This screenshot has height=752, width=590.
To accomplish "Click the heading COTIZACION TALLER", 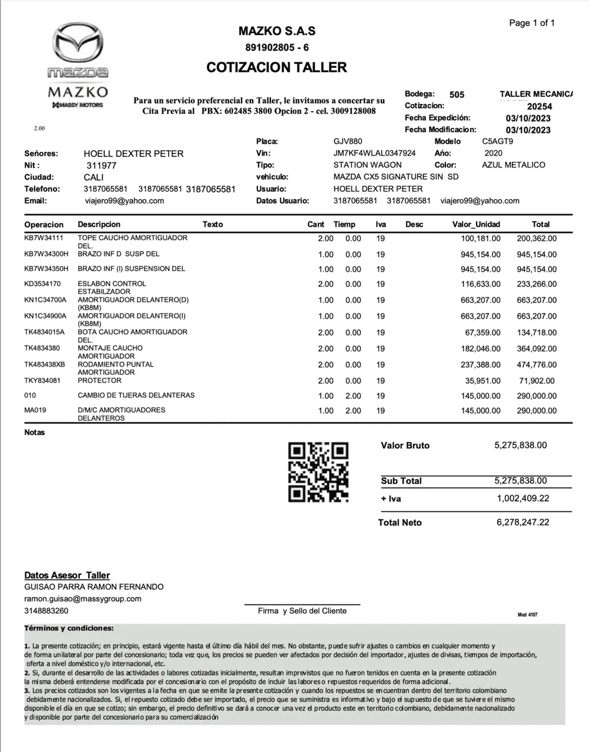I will pyautogui.click(x=277, y=68).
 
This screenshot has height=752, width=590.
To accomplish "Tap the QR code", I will pyautogui.click(x=318, y=472).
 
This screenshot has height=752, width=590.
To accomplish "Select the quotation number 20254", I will pyautogui.click(x=539, y=106).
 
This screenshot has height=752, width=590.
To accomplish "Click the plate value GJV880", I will pyautogui.click(x=348, y=142).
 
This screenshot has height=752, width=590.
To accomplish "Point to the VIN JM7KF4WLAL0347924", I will pyautogui.click(x=374, y=153).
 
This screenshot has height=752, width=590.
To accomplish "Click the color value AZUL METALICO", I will pyautogui.click(x=514, y=165).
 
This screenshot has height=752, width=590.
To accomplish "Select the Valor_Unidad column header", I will pyautogui.click(x=476, y=224).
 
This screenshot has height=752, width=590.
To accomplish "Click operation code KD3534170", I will pyautogui.click(x=42, y=284).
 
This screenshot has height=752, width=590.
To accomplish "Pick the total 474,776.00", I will pyautogui.click(x=537, y=365).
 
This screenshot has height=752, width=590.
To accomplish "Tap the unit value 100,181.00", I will pyautogui.click(x=481, y=239).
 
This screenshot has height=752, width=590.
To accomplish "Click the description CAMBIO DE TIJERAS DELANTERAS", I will pyautogui.click(x=136, y=395).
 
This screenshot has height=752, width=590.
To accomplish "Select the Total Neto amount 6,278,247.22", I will pyautogui.click(x=522, y=522).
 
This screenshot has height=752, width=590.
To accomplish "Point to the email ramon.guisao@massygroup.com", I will pyautogui.click(x=83, y=599).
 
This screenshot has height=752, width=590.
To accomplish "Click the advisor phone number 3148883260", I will pyautogui.click(x=46, y=611).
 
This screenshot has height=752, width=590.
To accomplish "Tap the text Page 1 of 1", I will pyautogui.click(x=532, y=23).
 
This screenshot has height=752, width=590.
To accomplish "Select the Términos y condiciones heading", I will pyautogui.click(x=69, y=628).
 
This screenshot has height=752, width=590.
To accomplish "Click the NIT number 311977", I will pyautogui.click(x=100, y=166).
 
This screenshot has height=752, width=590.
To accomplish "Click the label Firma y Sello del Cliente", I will pyautogui.click(x=302, y=611).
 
